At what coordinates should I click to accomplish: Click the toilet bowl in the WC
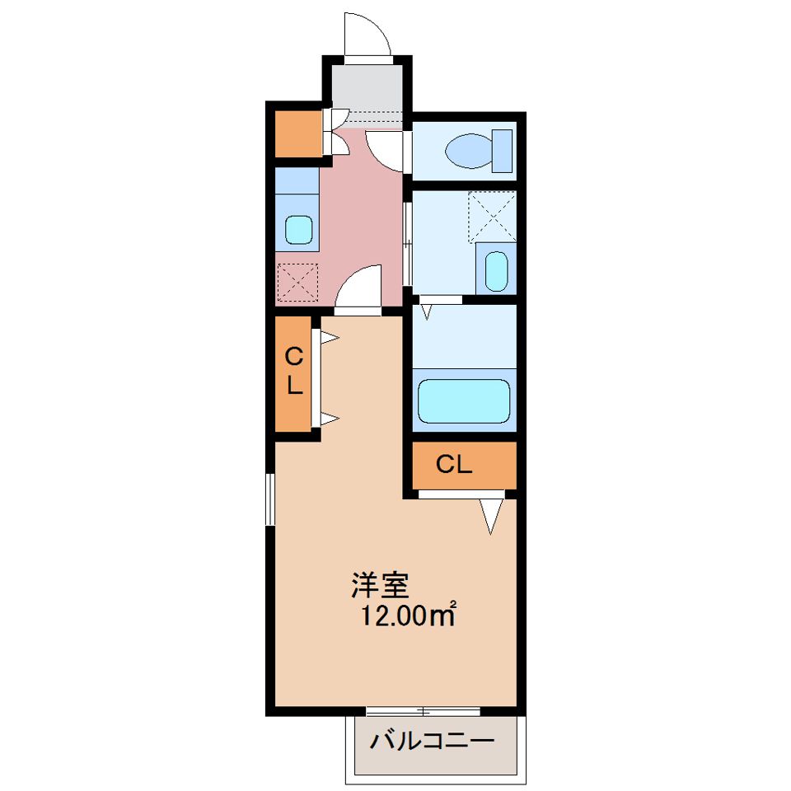tap(469, 151)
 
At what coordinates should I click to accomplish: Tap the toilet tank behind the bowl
tap(503, 151)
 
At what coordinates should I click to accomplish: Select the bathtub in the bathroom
tap(464, 400)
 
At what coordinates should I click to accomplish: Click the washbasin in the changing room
tap(496, 271)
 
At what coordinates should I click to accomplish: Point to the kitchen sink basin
tap(298, 230)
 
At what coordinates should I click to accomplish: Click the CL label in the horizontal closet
tap(453, 464)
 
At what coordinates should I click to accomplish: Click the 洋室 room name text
tap(379, 585)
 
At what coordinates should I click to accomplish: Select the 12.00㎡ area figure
tap(408, 615)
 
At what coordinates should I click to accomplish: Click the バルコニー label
tap(432, 742)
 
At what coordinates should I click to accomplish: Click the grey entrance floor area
tap(367, 91)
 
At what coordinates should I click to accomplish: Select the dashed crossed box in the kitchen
tap(297, 283)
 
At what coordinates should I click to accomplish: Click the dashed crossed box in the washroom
tap(492, 217)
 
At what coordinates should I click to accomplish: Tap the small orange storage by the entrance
tap(297, 133)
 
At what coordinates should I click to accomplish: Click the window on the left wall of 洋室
tap(270, 499)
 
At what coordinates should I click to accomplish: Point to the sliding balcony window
tap(423, 711)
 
